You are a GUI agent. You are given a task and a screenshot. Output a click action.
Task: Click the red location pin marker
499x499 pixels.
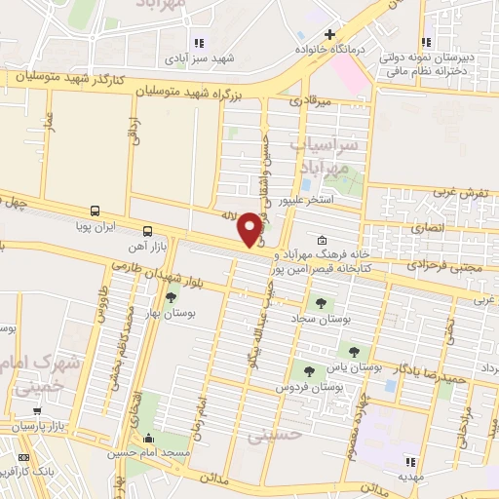[x=250, y=228]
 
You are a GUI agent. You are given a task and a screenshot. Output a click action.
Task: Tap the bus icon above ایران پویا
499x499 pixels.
[x=95, y=210]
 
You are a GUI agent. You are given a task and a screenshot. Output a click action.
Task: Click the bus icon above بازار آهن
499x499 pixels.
[x=147, y=231]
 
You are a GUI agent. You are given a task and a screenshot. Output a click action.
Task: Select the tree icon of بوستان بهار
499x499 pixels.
[x=172, y=298]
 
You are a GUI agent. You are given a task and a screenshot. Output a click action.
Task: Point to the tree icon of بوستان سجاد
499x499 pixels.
[x=319, y=303]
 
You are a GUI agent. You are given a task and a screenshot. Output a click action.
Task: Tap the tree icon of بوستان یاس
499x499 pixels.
[x=353, y=351]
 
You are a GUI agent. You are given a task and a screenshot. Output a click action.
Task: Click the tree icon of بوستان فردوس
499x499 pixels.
[x=309, y=370]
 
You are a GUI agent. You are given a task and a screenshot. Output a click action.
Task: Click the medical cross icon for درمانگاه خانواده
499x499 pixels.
[x=330, y=35]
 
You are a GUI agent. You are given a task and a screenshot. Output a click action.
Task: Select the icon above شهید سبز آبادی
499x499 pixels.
[x=200, y=43]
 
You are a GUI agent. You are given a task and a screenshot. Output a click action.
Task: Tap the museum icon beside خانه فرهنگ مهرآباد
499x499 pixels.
[x=324, y=241]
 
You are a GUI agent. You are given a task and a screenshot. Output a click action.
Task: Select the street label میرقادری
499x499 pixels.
[x=312, y=99]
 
